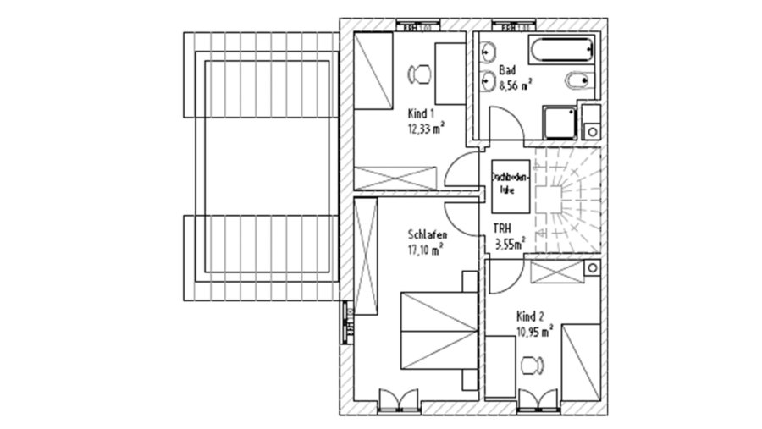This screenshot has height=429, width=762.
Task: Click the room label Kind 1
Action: tap(421, 113)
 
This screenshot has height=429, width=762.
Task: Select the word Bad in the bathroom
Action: tap(507, 69)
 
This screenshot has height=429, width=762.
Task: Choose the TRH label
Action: tap(502, 228)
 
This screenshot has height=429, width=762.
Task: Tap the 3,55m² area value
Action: tap(510, 245)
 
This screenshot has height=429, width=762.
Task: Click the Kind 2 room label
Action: tap(531, 315)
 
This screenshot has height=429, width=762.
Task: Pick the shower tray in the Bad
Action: tap(558, 124)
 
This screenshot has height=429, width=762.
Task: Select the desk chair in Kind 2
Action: tap(532, 366)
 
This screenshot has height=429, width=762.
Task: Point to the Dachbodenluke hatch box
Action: tap(510, 185)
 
